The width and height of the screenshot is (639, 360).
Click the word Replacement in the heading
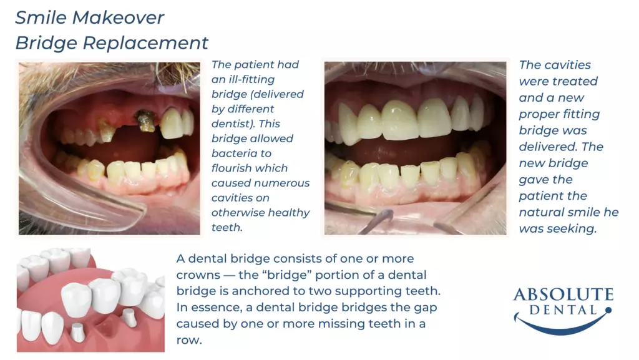[145, 43]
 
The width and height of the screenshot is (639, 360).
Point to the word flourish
[250, 168]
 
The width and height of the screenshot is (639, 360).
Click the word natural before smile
[542, 212]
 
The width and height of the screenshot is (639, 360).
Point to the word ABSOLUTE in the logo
[563, 294]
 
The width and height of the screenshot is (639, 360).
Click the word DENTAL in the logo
[563, 311]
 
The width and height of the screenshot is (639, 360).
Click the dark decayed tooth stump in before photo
[145, 121]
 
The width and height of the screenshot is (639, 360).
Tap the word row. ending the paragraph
[189, 341]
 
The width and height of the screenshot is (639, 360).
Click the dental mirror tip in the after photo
[385, 215]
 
